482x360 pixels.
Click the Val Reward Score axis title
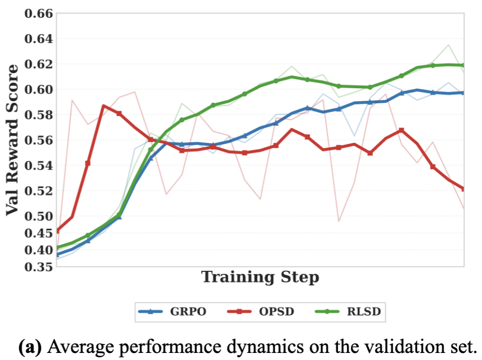coord(14,140)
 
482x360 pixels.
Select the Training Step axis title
coord(260,277)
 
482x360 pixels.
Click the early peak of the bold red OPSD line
coord(103,106)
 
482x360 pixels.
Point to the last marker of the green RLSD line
coord(463,65)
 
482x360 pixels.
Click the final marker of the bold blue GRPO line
coord(463,93)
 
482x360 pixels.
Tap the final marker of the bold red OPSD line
coord(463,189)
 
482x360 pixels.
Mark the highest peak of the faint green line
coord(448,45)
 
